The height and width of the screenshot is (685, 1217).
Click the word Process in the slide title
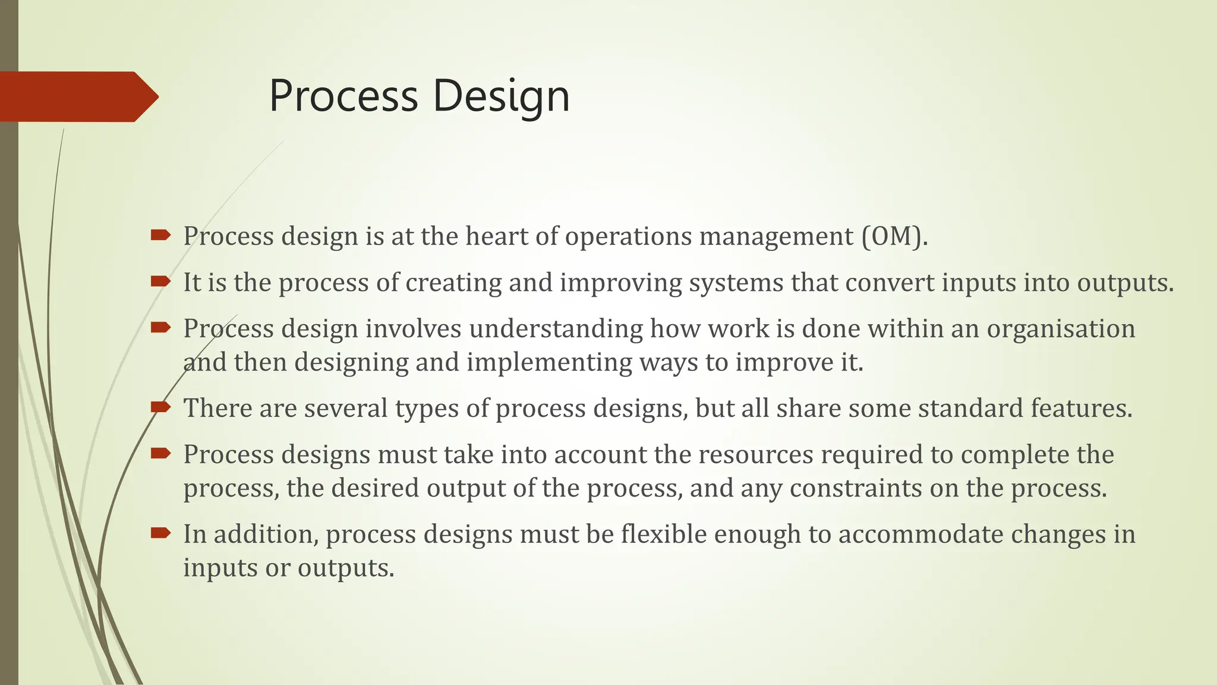click(343, 96)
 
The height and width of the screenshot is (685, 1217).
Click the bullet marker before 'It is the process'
click(160, 281)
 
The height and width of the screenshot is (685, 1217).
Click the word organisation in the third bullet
click(1061, 329)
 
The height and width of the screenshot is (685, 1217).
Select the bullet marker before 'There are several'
click(160, 407)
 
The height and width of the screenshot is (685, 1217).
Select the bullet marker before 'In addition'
click(160, 533)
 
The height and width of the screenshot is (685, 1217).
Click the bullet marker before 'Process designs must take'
click(160, 454)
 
